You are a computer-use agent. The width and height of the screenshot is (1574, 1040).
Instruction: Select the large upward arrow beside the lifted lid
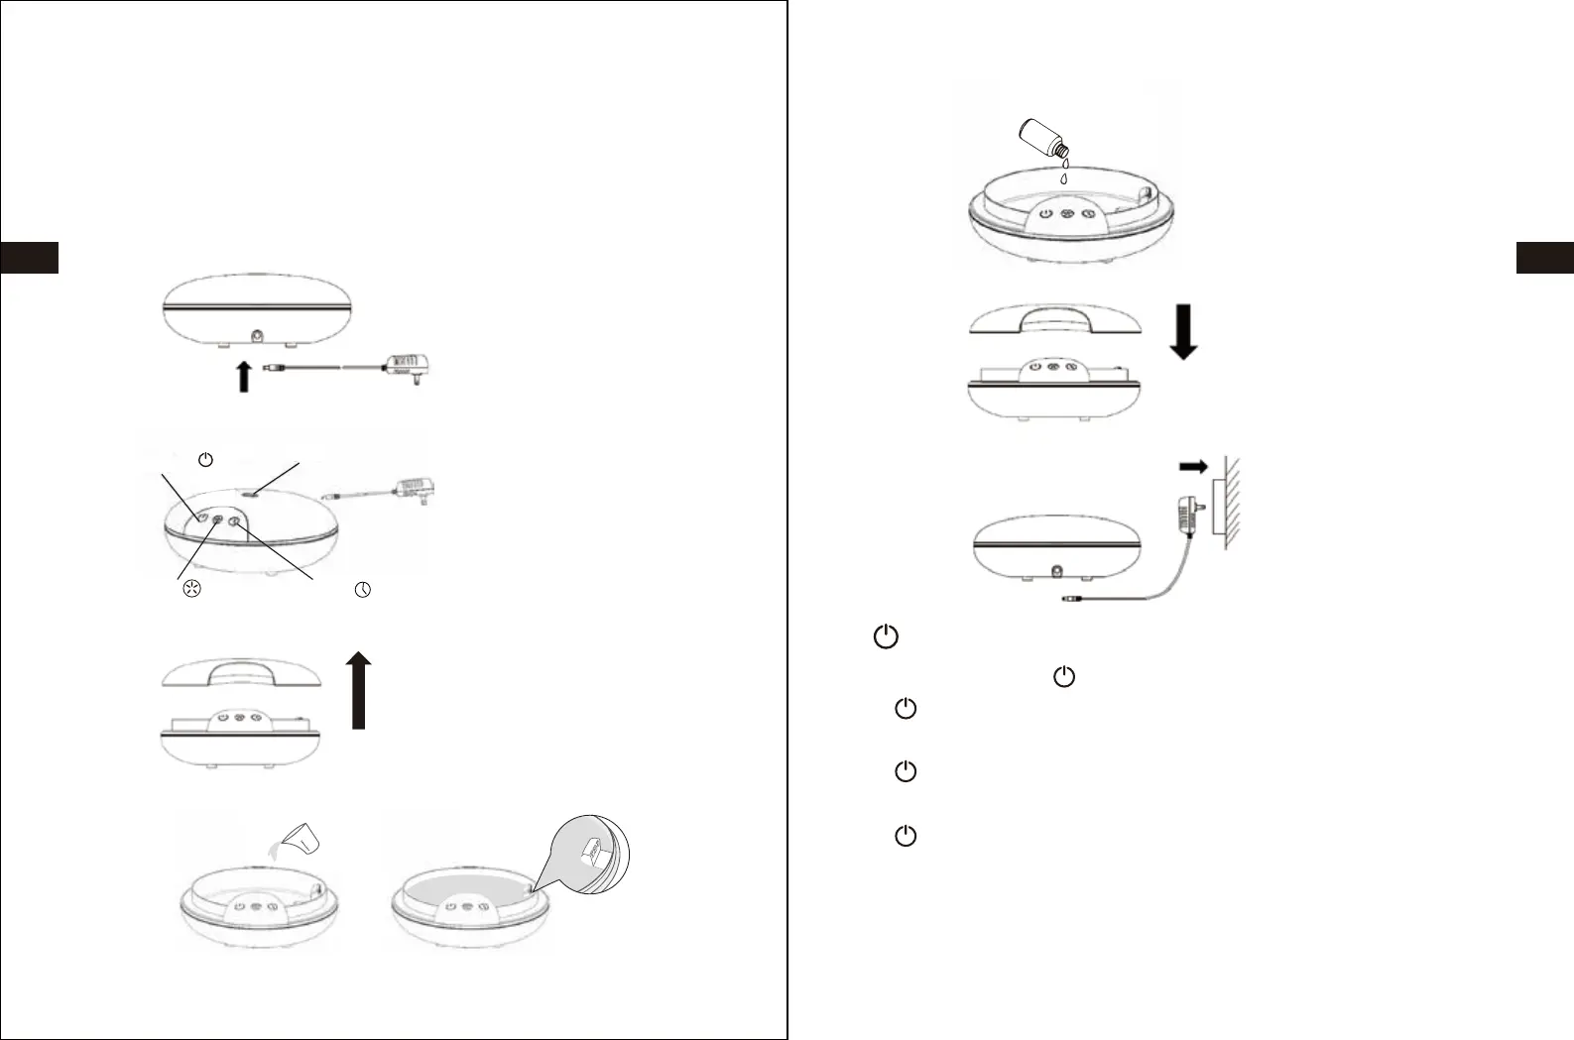[x=360, y=690]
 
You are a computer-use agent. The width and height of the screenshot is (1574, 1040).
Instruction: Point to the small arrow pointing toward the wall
[x=1193, y=466]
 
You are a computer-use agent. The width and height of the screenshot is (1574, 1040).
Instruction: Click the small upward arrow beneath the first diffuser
[x=244, y=377]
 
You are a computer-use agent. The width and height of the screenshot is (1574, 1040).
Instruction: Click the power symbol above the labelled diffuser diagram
[x=205, y=460]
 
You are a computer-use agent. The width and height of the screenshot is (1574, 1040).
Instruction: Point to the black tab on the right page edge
[x=1544, y=257]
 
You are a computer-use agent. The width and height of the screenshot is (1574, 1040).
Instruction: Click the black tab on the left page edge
[x=29, y=257]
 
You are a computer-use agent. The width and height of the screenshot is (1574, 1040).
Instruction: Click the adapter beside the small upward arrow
[x=410, y=370]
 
